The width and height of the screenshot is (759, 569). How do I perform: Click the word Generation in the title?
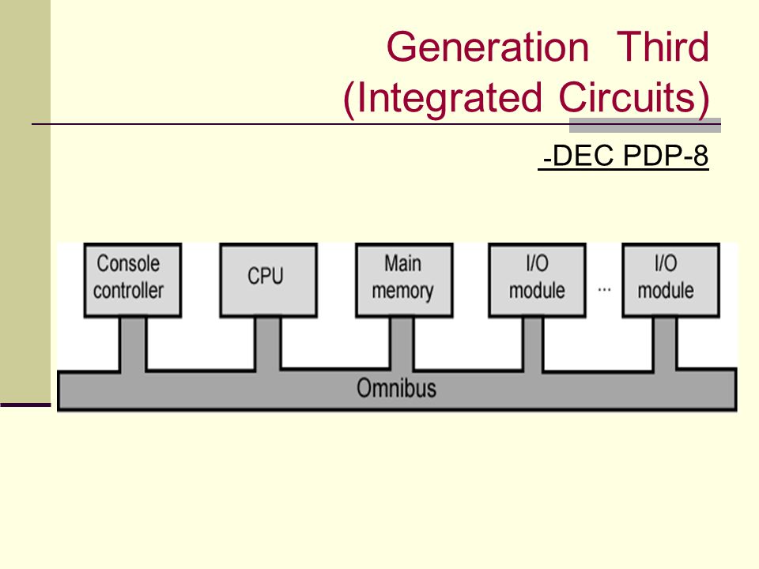(x=488, y=47)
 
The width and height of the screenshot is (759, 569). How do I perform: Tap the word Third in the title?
(x=663, y=47)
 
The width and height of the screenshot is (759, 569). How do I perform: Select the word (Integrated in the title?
(x=443, y=98)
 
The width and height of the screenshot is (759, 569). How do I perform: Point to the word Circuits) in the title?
(x=635, y=98)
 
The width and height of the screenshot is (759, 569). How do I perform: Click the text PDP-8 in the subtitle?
(x=666, y=156)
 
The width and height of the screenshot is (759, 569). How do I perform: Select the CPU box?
(x=269, y=280)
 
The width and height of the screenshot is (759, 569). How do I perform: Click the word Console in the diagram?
(x=128, y=264)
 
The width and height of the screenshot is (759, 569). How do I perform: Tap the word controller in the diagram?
(x=128, y=290)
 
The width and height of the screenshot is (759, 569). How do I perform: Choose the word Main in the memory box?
(x=402, y=264)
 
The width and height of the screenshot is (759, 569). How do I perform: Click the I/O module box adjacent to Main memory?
(x=538, y=280)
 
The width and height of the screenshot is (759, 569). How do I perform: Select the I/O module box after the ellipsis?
(x=671, y=280)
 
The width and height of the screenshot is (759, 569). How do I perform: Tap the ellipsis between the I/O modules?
(x=604, y=290)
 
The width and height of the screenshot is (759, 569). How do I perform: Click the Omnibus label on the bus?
(x=396, y=388)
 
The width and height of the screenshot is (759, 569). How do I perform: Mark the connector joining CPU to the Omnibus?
(x=268, y=344)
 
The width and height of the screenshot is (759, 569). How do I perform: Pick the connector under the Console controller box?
(x=133, y=344)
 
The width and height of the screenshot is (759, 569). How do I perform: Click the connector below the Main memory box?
(x=402, y=344)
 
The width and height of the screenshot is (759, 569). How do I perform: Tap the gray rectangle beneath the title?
(x=645, y=125)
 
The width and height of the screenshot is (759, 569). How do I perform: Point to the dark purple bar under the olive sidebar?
(x=25, y=405)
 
